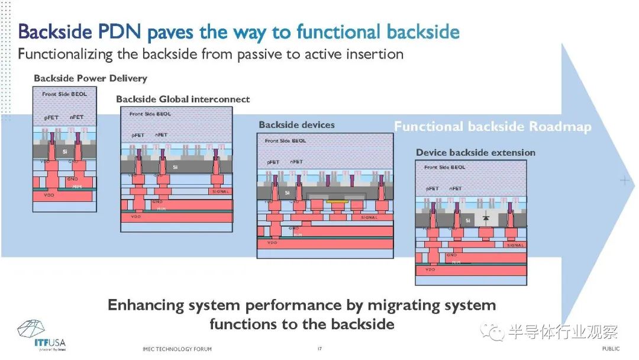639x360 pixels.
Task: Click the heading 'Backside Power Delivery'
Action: coord(90,78)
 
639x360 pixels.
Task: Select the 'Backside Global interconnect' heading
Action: coord(183,99)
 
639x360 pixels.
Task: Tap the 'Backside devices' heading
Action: coord(296,125)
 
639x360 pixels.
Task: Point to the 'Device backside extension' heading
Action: coord(475,152)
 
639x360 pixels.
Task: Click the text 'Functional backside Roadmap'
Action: coord(492,127)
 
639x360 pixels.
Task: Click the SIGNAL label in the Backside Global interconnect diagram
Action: coord(220,192)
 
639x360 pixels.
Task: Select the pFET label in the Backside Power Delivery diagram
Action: coord(51,117)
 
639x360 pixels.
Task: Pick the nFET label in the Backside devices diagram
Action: coord(296,162)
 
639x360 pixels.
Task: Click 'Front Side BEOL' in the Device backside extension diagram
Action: coord(445,168)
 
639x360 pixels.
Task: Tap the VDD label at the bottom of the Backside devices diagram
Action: coord(272,243)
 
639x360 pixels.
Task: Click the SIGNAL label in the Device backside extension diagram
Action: coord(515,245)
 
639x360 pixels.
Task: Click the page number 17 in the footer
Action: coord(319,349)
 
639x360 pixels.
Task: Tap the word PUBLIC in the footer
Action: coord(611,349)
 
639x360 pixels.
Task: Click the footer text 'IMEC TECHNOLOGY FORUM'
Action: coord(177,349)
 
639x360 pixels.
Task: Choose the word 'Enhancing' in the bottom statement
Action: coord(146,306)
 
